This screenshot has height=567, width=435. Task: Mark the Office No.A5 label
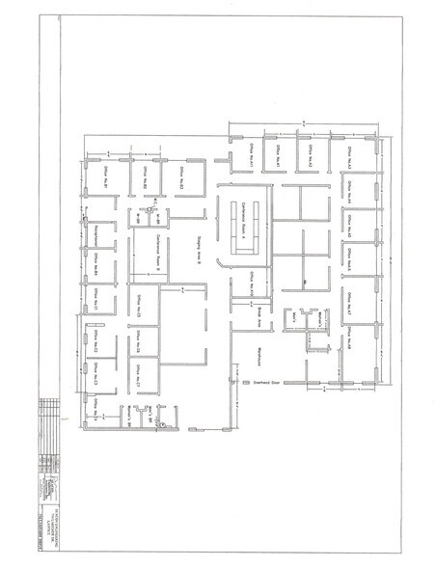pos(353,223)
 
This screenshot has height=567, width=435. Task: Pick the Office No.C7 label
pos(139,375)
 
